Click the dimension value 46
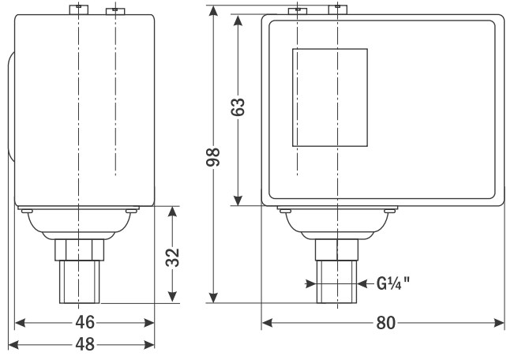coord(85,322)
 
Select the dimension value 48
coord(85,344)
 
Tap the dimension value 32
coord(172,257)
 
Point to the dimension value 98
coord(213,157)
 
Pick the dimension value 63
coord(238,107)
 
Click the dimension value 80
coord(385,322)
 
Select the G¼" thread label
coord(393,283)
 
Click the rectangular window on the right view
coord(330,97)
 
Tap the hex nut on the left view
coord(79,250)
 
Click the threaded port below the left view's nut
coord(79,282)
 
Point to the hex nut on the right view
coord(336,250)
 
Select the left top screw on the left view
coord(79,9)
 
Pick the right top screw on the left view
coord(115,11)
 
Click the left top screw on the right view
coord(298,11)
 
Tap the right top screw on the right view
coord(338,9)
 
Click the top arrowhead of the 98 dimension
coord(214,10)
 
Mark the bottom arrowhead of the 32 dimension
coord(172,296)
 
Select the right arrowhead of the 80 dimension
coord(499,322)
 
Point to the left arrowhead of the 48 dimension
coord(13,345)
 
